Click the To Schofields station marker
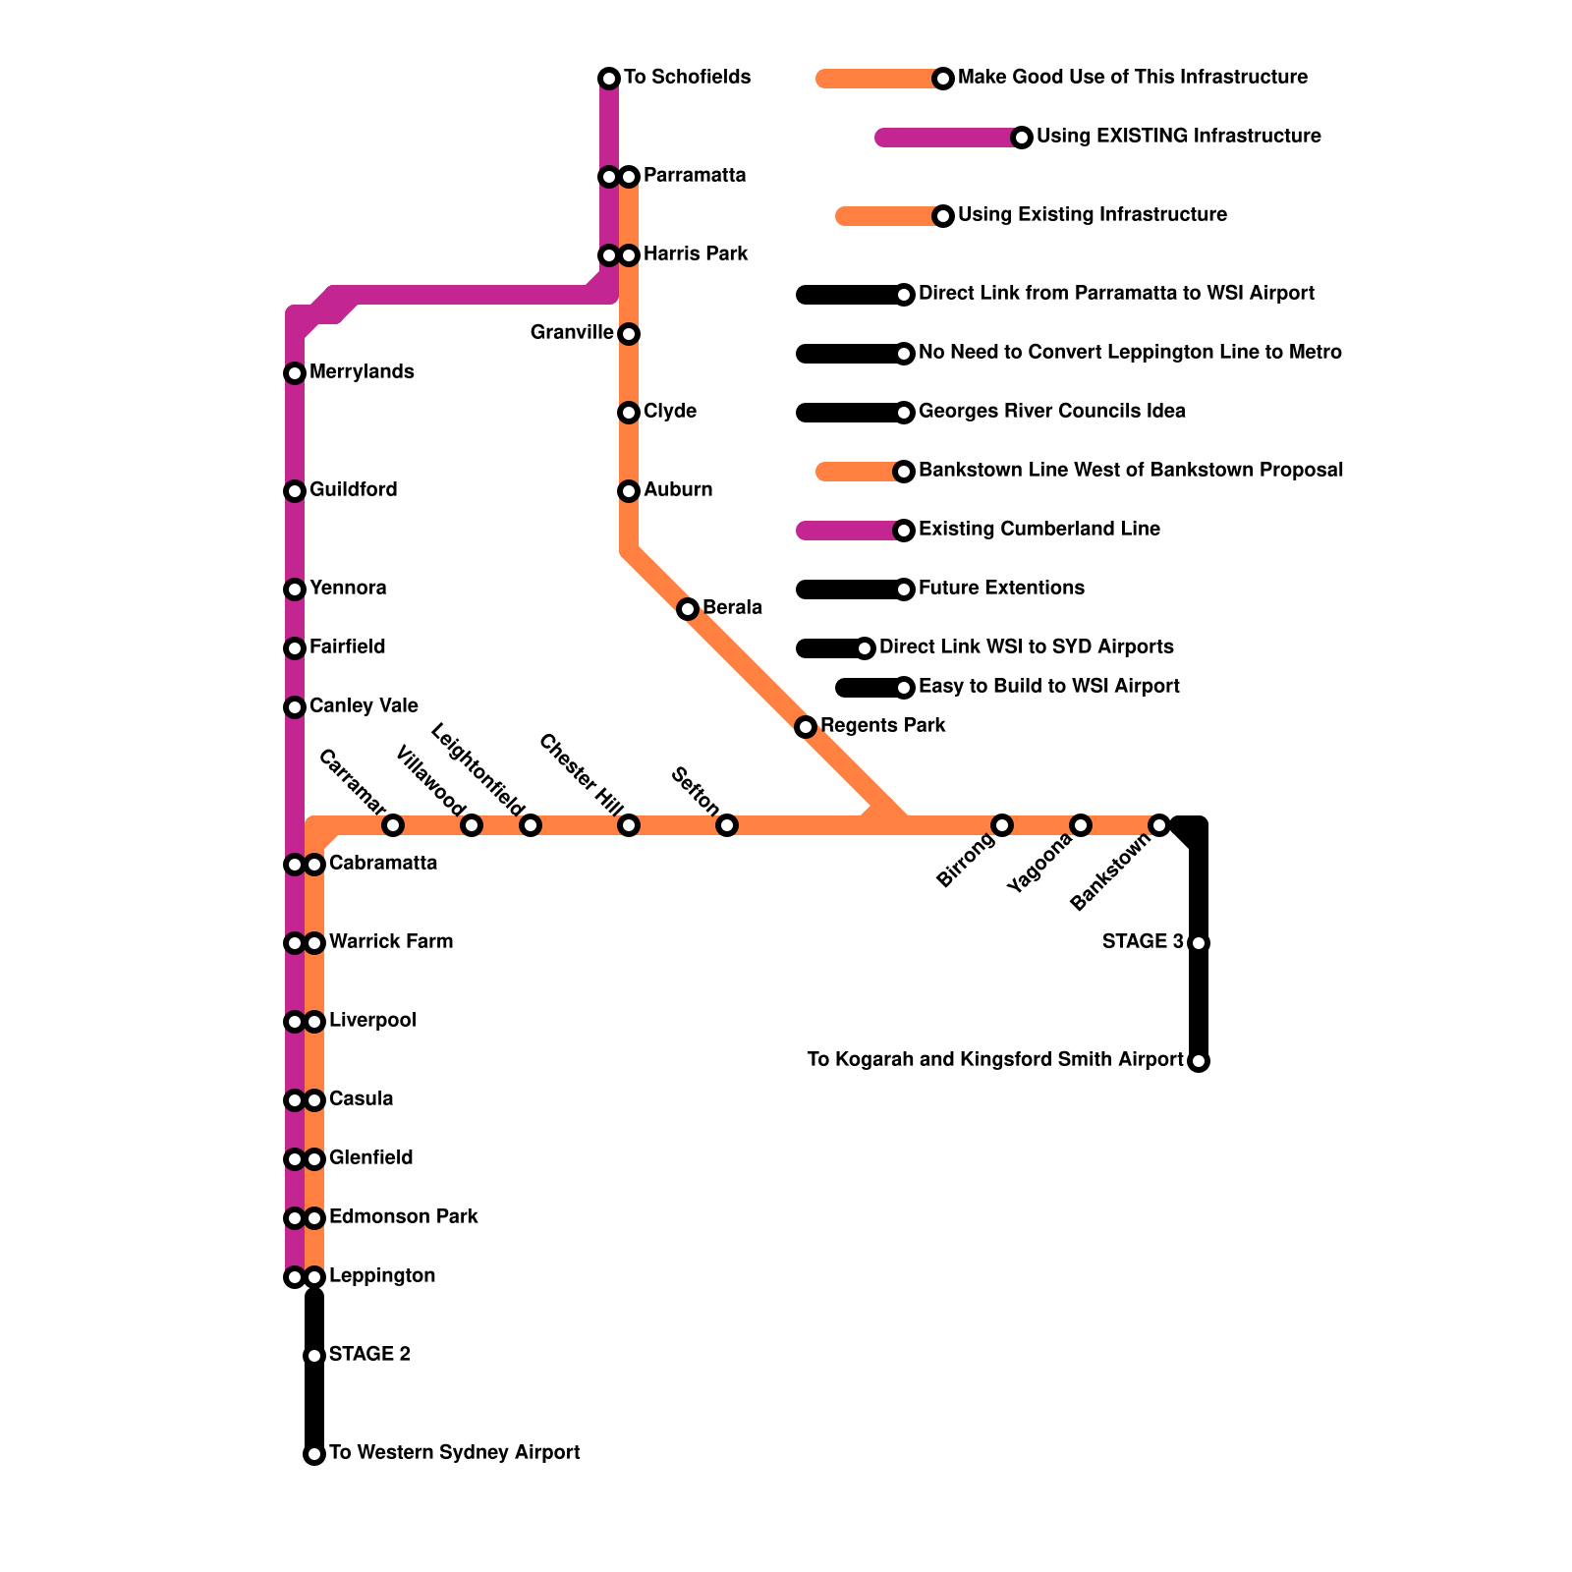609,79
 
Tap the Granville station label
572,333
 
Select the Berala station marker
688,609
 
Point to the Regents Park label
882,726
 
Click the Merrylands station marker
295,373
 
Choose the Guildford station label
353,490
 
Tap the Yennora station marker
295,589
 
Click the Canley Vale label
364,706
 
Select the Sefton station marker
727,825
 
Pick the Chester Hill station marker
629,825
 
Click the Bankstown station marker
1159,825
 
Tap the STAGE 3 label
1143,942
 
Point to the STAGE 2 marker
314,1356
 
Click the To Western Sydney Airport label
454,1453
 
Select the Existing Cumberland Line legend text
1039,530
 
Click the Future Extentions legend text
1001,589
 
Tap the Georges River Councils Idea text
1051,412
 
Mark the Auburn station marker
629,491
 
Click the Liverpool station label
372,1021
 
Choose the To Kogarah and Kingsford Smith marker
1199,1061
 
